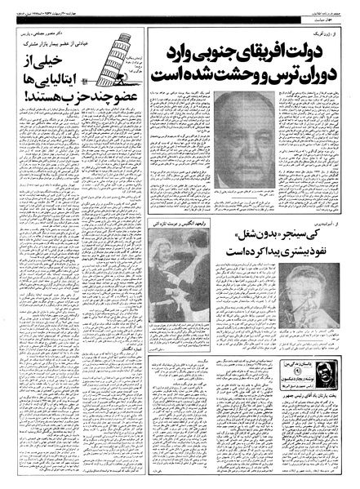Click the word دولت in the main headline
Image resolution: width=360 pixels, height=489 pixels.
(319, 52)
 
